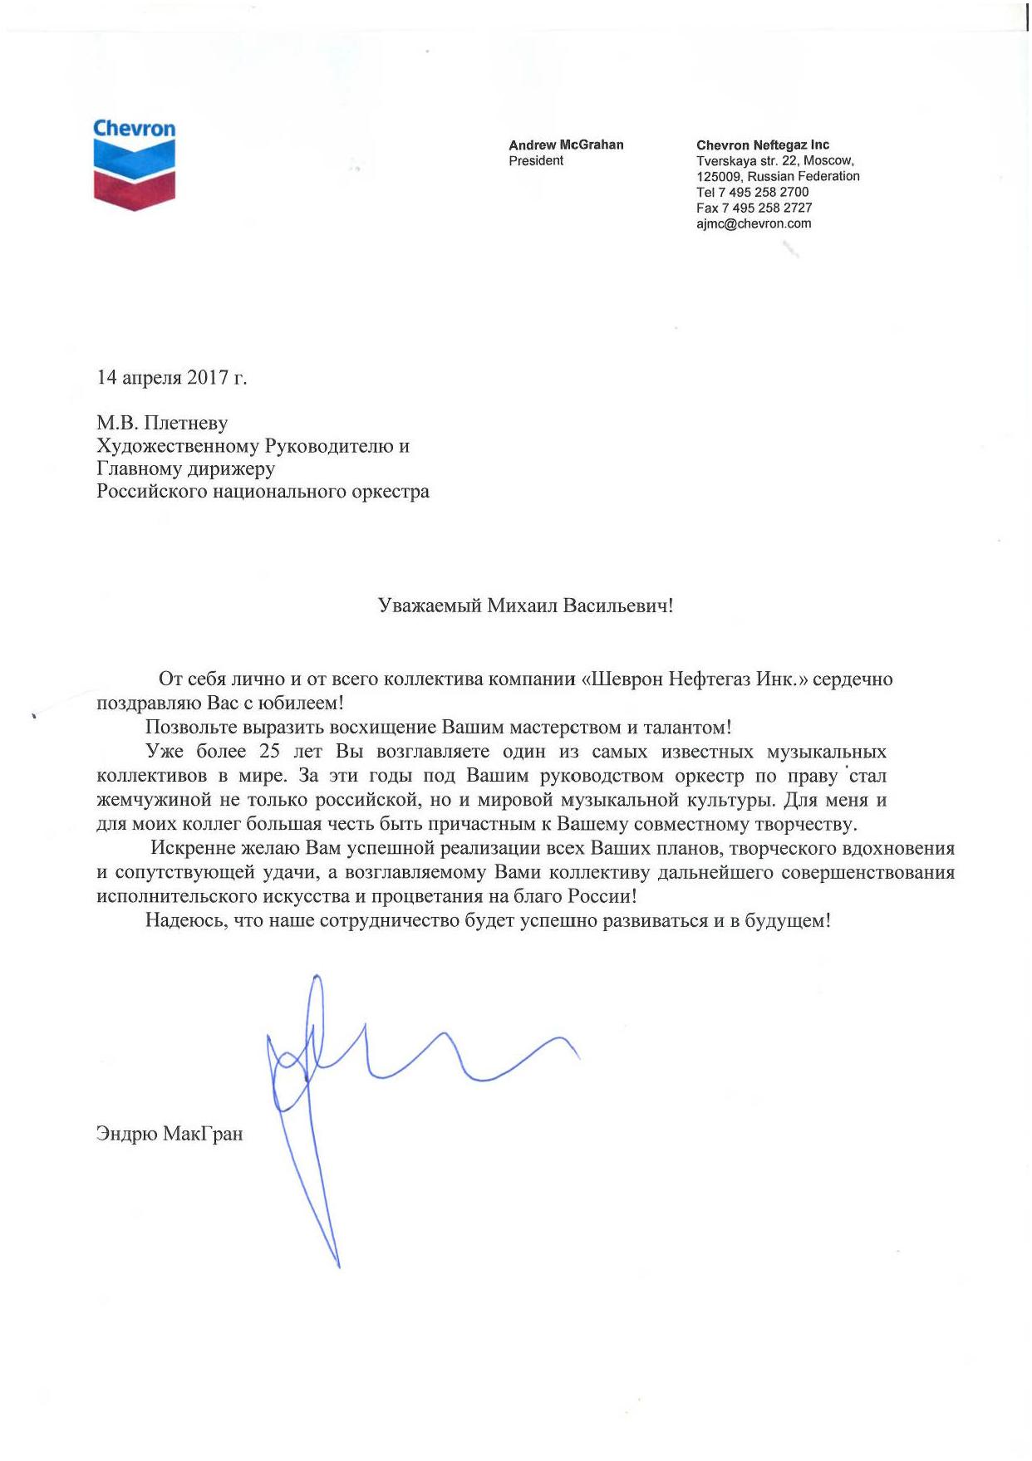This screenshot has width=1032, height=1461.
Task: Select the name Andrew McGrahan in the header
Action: (566, 145)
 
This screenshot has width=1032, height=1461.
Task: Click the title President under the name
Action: (536, 160)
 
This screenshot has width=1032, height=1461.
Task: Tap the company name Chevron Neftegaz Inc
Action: (762, 145)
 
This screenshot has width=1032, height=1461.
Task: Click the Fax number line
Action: (754, 208)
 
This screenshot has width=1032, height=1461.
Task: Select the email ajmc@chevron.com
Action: (754, 223)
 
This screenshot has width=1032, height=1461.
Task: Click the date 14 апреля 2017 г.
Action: (171, 377)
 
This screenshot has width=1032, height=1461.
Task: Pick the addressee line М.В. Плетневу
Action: (162, 423)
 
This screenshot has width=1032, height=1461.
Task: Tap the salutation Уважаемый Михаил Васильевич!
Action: (525, 605)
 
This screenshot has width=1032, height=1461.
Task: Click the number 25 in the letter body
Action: (269, 752)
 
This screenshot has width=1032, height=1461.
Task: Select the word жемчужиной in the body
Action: (155, 801)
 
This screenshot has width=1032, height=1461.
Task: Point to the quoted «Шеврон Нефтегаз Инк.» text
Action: (694, 679)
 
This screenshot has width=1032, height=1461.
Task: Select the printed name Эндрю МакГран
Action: (170, 1134)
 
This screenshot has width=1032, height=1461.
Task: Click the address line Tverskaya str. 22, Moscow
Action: (774, 160)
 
